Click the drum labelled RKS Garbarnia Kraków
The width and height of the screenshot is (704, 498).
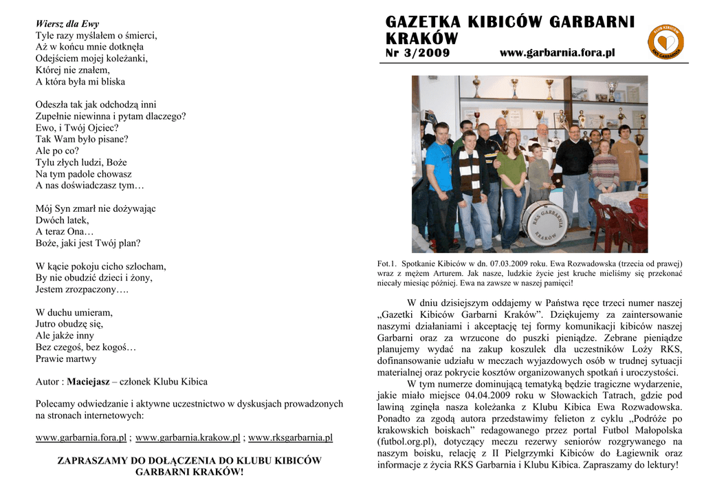tap(544, 222)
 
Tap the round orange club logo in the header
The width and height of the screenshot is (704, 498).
tap(665, 42)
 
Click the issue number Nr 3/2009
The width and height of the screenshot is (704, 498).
tap(418, 53)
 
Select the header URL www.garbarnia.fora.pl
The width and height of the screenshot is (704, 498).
tap(557, 53)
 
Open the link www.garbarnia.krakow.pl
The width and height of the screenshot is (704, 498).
tap(188, 437)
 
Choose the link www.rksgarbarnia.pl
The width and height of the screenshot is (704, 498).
tap(290, 437)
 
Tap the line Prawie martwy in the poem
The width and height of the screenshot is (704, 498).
tap(66, 358)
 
